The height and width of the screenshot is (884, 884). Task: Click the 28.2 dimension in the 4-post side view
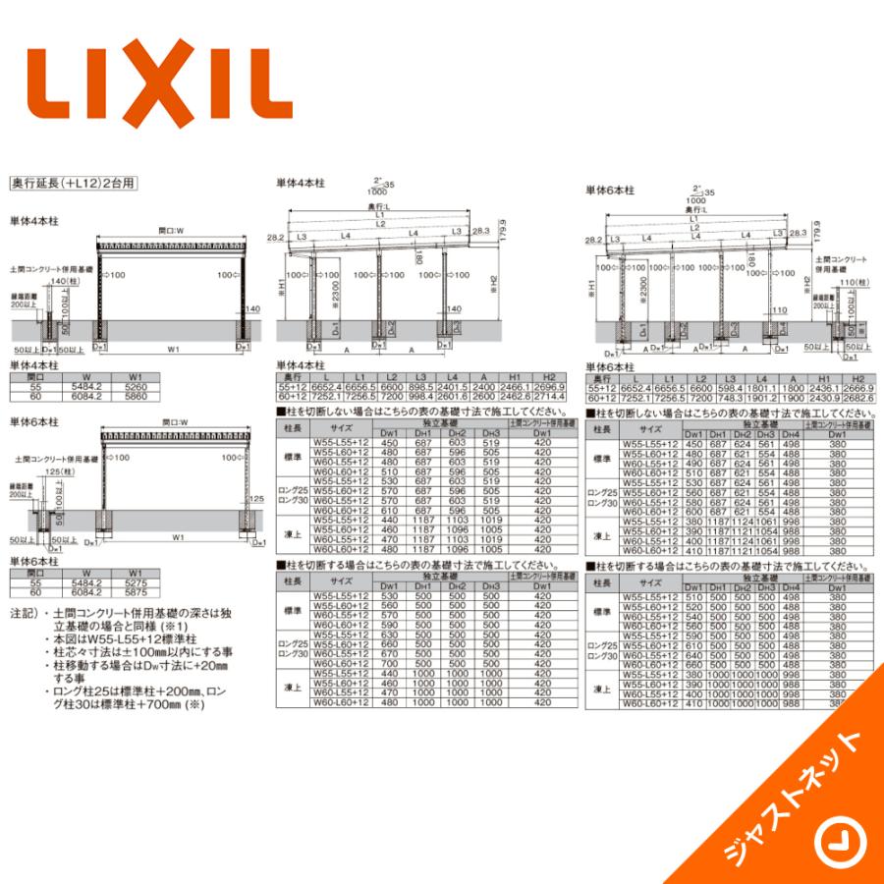274,237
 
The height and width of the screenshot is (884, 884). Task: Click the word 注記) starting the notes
22,612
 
